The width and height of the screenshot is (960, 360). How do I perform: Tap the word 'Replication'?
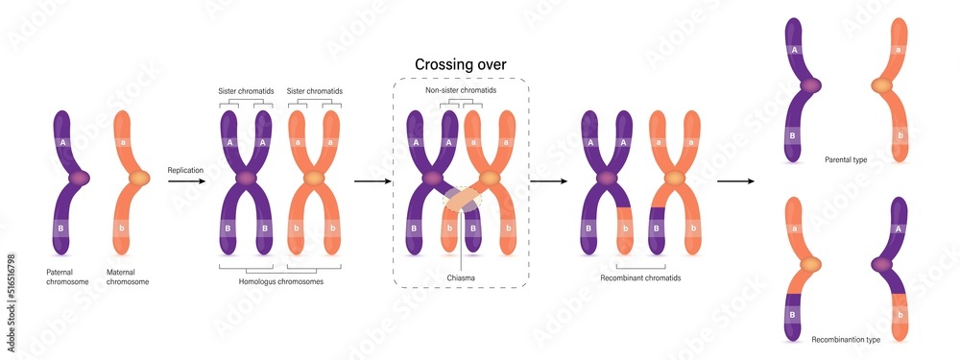pos(186,170)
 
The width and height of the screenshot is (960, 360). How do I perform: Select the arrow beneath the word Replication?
pos(186,180)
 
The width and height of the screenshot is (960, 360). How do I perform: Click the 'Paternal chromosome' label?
pos(67,276)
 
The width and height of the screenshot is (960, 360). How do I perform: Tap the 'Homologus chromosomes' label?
pos(279,281)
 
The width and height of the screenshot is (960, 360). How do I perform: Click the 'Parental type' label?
pos(845,159)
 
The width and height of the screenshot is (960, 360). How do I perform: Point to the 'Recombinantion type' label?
pos(845,339)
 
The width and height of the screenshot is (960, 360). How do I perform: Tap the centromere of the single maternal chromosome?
pos(139,178)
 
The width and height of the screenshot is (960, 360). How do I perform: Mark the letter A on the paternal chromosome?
pos(63,141)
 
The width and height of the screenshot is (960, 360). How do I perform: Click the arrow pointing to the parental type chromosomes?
pos(737,180)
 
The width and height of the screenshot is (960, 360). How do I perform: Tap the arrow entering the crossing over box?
pos(372,180)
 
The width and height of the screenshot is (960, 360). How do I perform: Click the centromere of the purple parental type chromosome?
pos(811,85)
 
